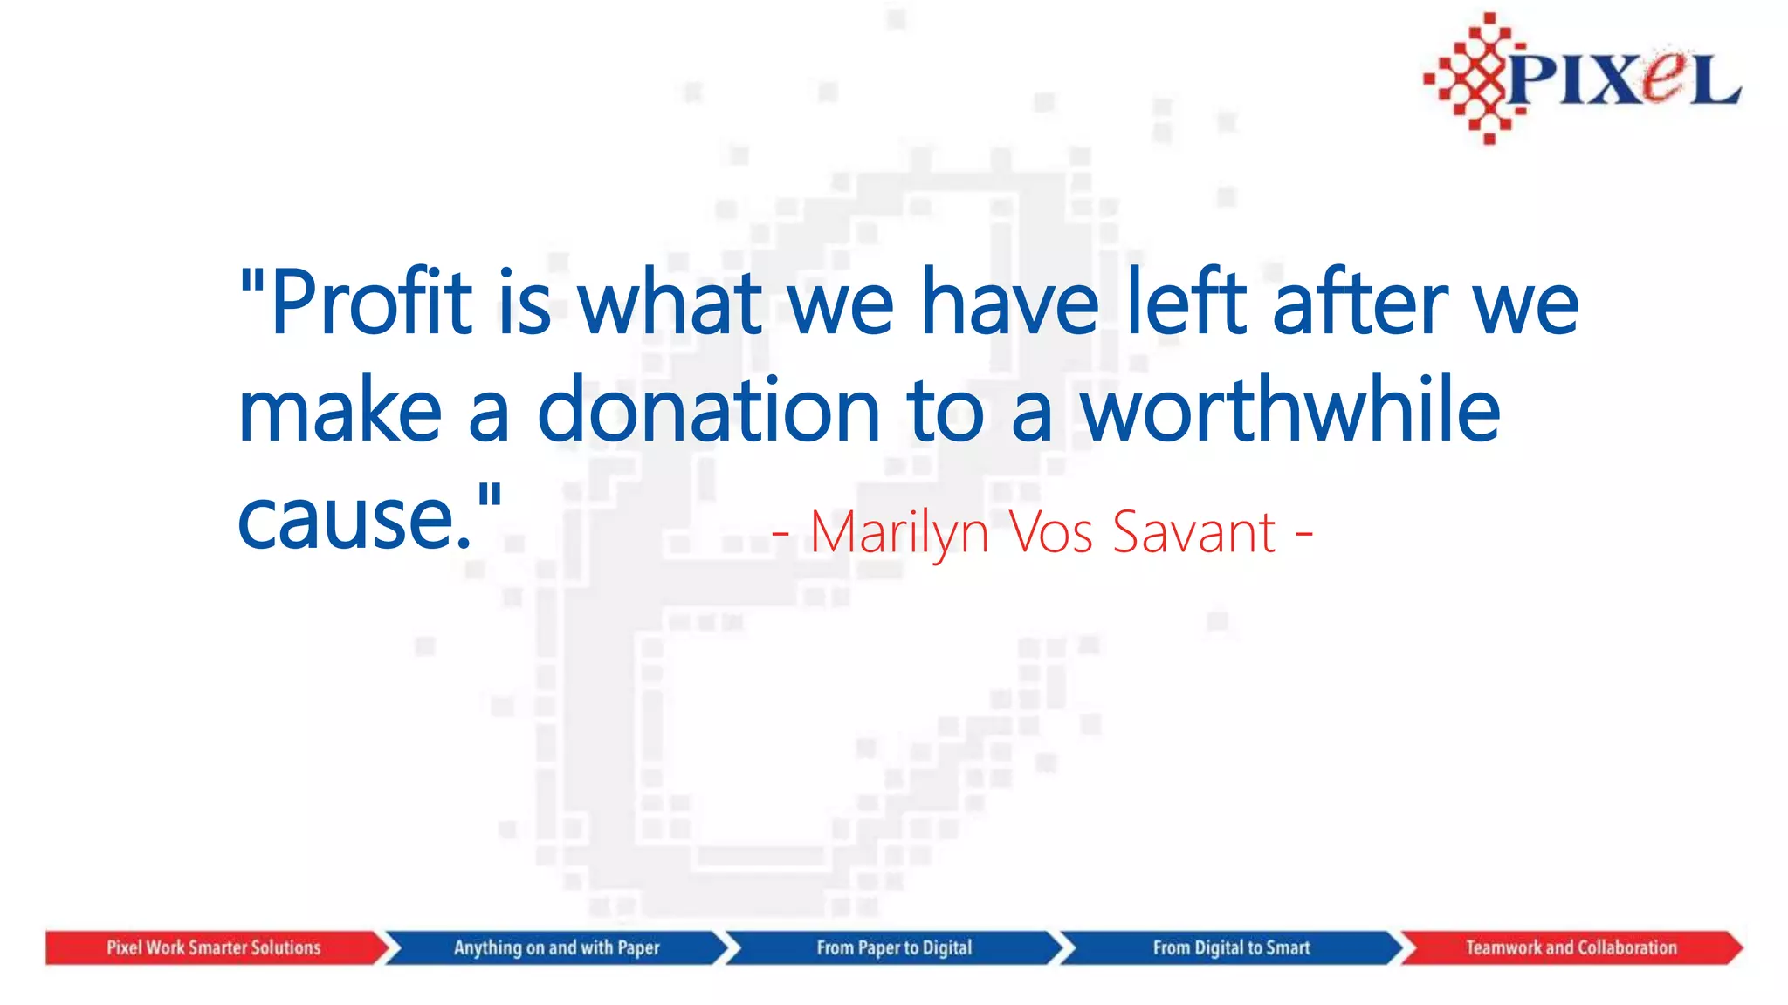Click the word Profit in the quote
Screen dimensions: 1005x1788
coord(371,303)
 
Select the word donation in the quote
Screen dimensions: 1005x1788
coord(708,411)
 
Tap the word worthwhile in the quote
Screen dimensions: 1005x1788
coord(1290,409)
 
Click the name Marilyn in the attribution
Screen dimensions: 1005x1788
coord(899,532)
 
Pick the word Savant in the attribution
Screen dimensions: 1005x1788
coord(1194,531)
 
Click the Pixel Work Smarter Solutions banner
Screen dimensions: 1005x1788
coord(214,947)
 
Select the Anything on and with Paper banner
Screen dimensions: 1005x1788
coord(556,947)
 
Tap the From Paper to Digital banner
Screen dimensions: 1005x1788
coord(894,947)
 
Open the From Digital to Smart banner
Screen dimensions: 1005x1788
coord(1231,947)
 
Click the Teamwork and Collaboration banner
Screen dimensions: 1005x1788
coord(1571,947)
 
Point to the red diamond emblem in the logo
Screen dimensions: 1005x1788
coord(1476,79)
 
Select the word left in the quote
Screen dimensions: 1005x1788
coord(1186,303)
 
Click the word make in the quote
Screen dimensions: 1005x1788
coord(340,411)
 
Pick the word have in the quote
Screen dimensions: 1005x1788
coord(1010,303)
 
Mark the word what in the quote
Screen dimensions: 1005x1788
coord(670,303)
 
